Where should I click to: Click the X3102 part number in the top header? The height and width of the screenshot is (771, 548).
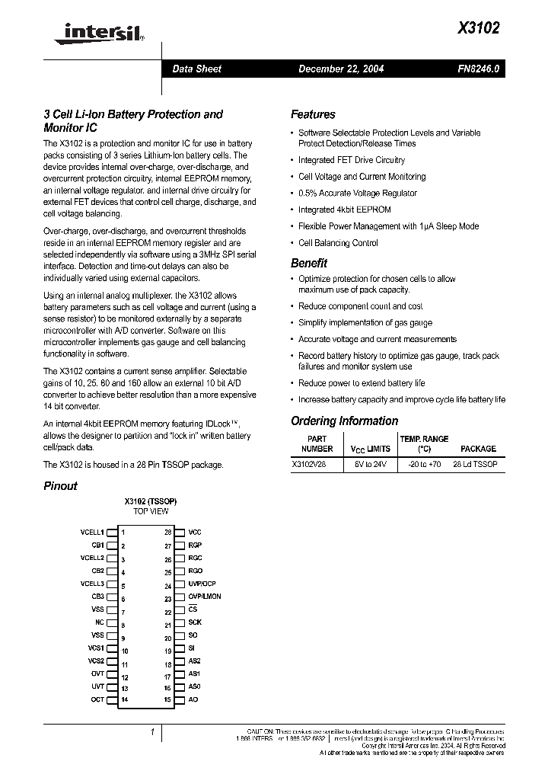tap(479, 27)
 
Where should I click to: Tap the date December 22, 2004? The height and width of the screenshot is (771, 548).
tap(340, 69)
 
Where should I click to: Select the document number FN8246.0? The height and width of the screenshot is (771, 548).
tap(479, 69)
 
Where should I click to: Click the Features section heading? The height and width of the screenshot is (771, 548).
tap(313, 114)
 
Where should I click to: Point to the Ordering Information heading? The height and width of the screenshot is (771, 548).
tap(344, 421)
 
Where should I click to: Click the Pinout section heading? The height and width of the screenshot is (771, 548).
tap(60, 485)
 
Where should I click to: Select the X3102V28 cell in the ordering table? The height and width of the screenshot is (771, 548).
tap(308, 463)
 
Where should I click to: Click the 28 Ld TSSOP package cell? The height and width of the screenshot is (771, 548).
tap(475, 463)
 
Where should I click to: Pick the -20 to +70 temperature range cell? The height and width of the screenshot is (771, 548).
tap(424, 463)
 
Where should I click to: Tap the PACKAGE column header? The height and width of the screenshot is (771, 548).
tap(478, 449)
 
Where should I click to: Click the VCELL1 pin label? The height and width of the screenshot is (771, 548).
tap(92, 532)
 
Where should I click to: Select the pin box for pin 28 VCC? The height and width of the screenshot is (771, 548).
tap(180, 532)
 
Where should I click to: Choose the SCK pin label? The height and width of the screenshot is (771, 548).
tap(195, 622)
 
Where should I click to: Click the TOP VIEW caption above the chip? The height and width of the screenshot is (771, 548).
tap(151, 511)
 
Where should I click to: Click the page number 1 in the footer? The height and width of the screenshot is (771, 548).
tap(153, 732)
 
